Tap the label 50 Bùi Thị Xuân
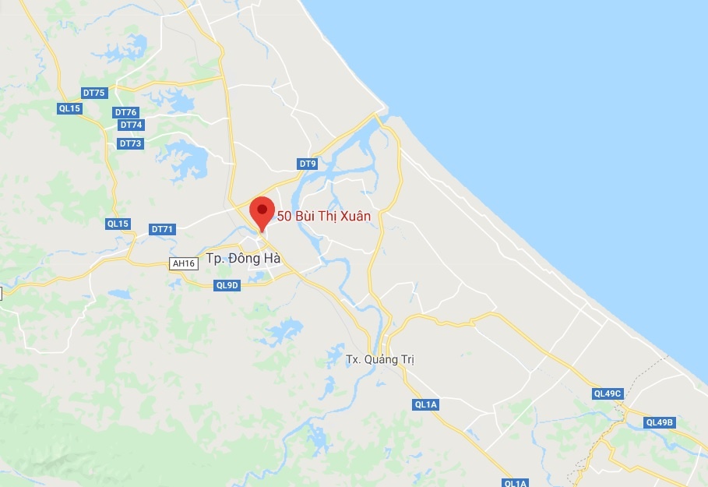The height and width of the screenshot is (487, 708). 324,217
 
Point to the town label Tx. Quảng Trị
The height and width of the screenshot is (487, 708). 380,359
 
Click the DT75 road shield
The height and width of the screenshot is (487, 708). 93,94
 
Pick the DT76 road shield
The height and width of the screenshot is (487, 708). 125,112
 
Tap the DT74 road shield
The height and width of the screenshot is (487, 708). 131,125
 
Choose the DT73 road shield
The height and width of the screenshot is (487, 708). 130,143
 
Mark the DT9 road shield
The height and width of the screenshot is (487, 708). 308,164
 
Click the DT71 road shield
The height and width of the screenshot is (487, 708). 163,229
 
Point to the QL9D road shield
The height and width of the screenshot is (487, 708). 227,285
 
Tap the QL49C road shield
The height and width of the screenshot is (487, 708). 608,393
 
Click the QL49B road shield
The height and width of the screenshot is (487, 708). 659,422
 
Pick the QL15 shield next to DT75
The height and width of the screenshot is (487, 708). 69,108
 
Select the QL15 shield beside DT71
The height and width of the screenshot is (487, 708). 118,224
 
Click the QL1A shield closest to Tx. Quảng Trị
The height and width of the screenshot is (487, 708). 426,404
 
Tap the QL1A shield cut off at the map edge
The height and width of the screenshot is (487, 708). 516,482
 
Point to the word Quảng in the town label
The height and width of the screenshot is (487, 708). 382,359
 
